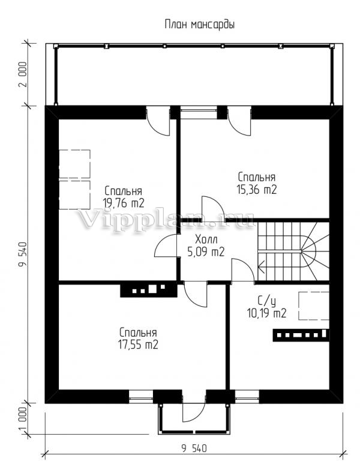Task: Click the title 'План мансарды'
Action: (199, 25)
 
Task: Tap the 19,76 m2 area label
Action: (124, 203)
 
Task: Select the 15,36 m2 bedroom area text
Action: (256, 190)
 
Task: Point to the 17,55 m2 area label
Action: (138, 345)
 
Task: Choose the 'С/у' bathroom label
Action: (267, 301)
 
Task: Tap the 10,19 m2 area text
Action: (267, 313)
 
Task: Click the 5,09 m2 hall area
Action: (206, 252)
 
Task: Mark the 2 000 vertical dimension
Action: (23, 74)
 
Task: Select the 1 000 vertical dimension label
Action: (23, 419)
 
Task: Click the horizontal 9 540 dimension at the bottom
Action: (194, 448)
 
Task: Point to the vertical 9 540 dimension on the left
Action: (23, 255)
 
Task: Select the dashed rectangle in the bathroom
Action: (314, 306)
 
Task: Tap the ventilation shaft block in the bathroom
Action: (301, 335)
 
